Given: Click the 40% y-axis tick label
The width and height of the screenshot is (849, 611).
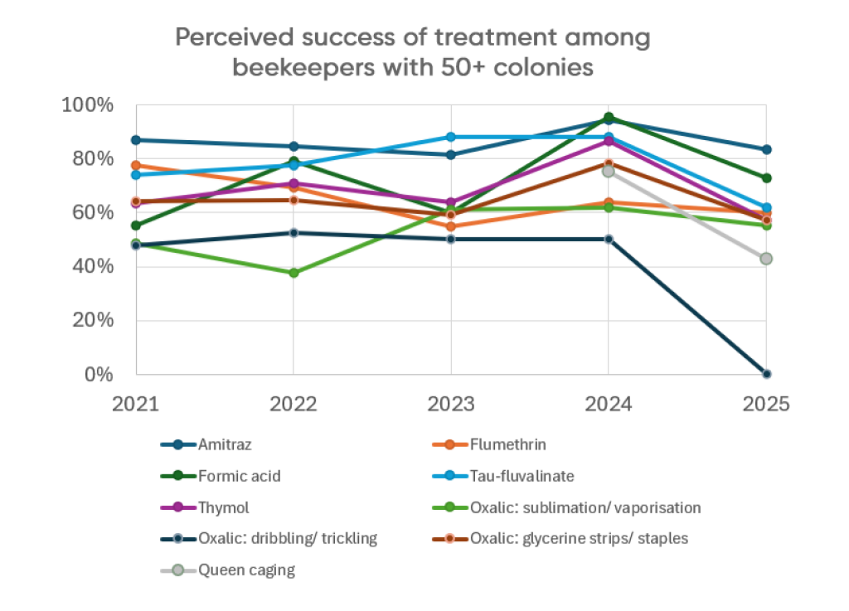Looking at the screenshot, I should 94,267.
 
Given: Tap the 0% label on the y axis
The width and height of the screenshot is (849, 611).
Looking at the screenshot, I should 99,375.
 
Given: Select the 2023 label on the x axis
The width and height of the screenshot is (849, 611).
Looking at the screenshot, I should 450,405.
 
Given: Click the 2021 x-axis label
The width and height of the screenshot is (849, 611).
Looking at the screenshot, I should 135,405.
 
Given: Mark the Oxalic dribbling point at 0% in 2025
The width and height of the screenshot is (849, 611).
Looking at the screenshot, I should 766,374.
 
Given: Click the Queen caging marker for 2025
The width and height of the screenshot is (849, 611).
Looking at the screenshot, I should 766,259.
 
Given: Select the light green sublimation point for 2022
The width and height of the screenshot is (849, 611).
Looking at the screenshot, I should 293,273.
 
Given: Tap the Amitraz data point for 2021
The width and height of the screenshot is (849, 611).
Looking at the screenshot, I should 135,140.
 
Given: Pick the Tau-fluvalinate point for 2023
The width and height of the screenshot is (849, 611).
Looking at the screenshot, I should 450,137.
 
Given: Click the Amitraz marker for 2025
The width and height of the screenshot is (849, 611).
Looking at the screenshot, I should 766,150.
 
